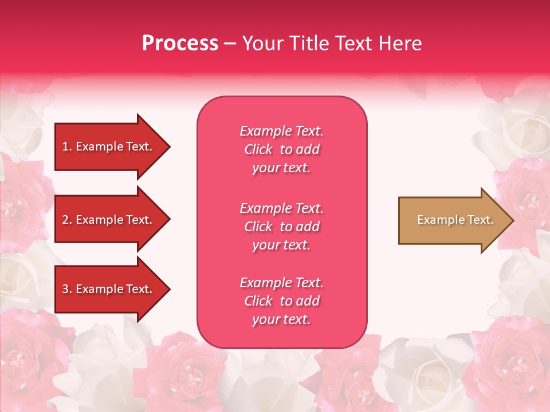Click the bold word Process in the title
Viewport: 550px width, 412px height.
(180, 43)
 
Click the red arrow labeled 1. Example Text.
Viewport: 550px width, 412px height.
(109, 146)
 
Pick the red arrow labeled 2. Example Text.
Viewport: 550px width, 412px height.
(109, 220)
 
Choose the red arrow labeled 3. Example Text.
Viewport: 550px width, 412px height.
(109, 289)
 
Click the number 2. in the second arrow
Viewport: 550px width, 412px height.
(67, 220)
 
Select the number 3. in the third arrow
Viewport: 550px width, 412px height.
(67, 289)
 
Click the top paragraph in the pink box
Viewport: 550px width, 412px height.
(281, 149)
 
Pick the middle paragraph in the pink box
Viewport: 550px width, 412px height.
(281, 227)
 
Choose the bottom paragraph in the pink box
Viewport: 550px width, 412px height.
(281, 301)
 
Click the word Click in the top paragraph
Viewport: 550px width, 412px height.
(258, 149)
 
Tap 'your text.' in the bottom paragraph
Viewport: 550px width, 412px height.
(281, 319)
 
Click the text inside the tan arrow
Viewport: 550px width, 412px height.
(455, 220)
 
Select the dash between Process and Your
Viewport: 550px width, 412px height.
(230, 43)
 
